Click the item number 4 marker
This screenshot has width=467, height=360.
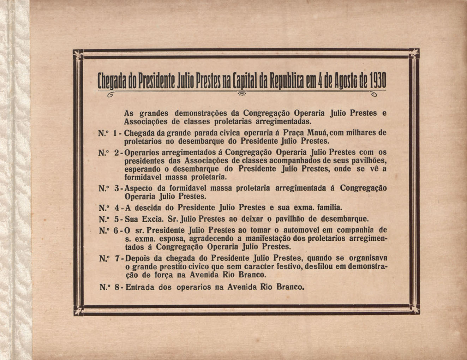coord(117,207)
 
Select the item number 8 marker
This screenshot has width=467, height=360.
coord(117,288)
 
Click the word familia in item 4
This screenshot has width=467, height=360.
coord(329,207)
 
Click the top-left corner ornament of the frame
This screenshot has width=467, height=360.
coord(78,54)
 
